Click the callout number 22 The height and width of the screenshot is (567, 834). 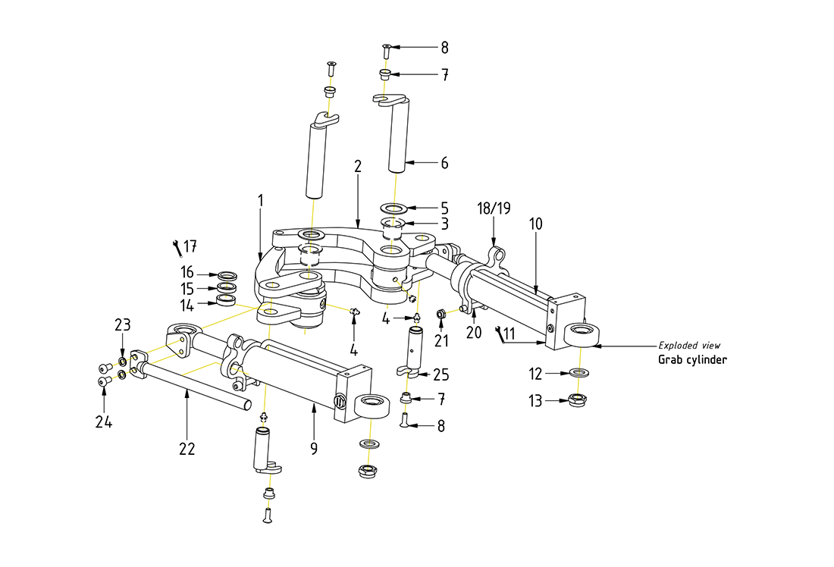click(187, 449)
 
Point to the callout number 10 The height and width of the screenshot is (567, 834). click(537, 224)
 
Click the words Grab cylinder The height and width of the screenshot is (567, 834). click(692, 359)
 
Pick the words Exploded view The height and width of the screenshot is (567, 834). click(689, 346)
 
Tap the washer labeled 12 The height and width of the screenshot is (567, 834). click(580, 373)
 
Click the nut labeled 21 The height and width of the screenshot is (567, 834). click(441, 313)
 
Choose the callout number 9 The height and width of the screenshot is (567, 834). click(314, 449)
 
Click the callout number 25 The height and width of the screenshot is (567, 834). click(441, 374)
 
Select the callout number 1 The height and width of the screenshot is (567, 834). click(260, 201)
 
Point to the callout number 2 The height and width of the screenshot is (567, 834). click(357, 166)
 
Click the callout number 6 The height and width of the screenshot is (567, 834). click(444, 163)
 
